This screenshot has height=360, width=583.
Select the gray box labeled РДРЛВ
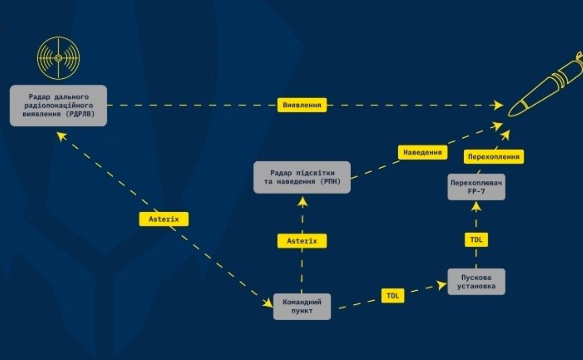click(58, 105)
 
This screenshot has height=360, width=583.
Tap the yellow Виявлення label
click(302, 105)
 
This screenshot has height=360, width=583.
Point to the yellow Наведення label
click(423, 152)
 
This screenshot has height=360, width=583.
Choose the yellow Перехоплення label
click(494, 157)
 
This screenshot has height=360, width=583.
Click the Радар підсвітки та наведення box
click(302, 178)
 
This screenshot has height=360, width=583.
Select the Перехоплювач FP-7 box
click(476, 187)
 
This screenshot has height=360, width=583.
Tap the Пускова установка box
click(476, 282)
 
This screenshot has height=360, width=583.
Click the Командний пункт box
click(302, 307)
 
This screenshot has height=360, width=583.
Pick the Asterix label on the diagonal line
click(164, 219)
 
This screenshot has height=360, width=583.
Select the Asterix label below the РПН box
click(302, 241)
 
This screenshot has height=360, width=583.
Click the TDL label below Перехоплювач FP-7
click(476, 239)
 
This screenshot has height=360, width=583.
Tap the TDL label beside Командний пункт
click(393, 296)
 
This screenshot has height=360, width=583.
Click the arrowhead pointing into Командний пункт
click(268, 303)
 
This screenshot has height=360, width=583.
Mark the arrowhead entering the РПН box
click(303, 202)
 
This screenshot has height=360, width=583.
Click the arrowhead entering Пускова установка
click(441, 285)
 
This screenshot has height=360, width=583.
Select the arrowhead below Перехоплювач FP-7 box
click(476, 207)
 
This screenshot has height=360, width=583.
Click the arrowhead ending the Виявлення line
click(498, 105)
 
